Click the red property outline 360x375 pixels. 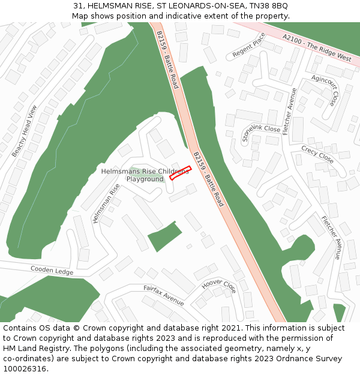tap(180, 173)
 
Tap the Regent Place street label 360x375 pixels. tap(248, 45)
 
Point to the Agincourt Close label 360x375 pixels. tap(325, 90)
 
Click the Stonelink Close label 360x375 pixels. tap(261, 133)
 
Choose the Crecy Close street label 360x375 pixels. tap(317, 154)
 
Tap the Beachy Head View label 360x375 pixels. tap(25, 131)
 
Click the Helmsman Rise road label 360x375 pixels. tap(106, 203)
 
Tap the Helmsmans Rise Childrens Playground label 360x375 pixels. tap(145, 175)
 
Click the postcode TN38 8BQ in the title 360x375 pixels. tap(272, 5)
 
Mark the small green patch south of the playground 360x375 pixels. tap(165, 237)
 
